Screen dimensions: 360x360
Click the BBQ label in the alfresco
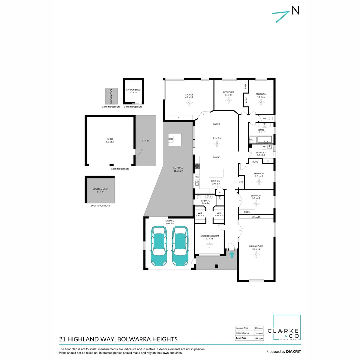171,139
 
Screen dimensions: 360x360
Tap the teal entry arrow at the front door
232,254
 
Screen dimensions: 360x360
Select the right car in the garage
180,246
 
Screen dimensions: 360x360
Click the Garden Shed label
133,90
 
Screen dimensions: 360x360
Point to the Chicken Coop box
109,96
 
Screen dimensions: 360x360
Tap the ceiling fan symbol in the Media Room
256,255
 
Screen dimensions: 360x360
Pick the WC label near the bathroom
264,118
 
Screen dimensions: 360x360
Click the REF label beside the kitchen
241,182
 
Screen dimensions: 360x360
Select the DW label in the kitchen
197,177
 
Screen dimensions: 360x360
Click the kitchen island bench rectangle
216,173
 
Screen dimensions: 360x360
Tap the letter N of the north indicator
295,11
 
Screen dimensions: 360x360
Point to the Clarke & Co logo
287,328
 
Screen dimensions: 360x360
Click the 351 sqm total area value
259,338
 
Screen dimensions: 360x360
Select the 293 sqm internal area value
259,328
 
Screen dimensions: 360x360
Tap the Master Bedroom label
209,236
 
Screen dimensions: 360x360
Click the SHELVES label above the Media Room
256,217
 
